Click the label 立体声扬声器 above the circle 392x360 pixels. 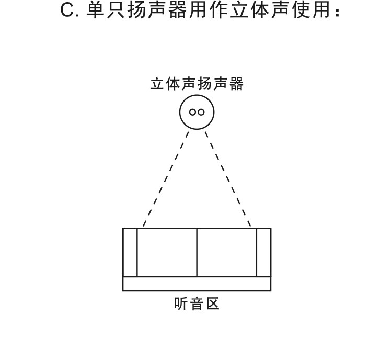[197, 84]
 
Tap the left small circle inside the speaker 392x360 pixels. [193, 112]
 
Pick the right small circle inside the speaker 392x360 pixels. [201, 112]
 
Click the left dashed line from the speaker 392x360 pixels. [166, 179]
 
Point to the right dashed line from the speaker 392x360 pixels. [228, 179]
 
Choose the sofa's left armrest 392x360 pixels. [130, 252]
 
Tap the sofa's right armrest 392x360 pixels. [263, 252]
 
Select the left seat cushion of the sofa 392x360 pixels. [167, 252]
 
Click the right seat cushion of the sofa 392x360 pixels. [226, 252]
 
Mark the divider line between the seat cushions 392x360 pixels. [197, 252]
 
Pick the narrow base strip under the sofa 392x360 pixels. [197, 284]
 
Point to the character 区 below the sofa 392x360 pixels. [213, 304]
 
